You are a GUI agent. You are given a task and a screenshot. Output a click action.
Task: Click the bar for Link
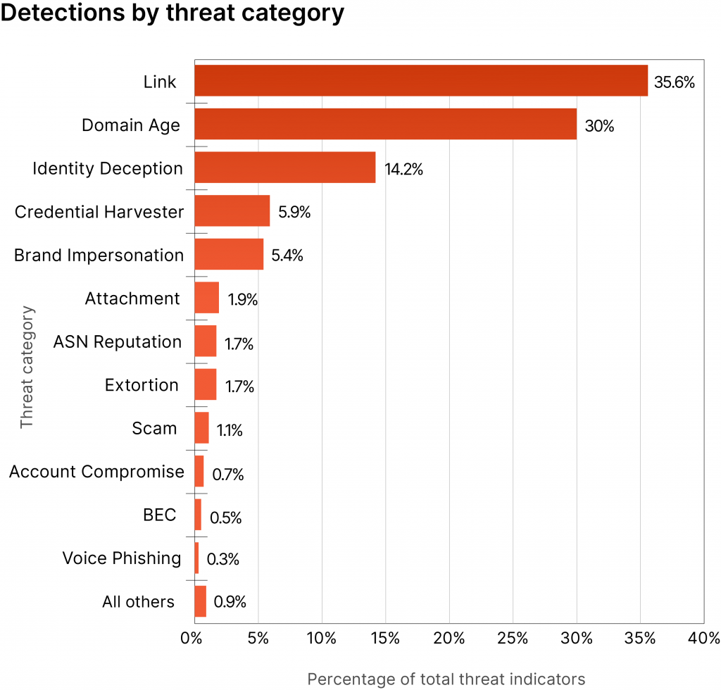coord(420,80)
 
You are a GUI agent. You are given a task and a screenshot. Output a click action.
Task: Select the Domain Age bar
coord(385,124)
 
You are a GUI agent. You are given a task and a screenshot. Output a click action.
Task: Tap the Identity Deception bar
coord(284,168)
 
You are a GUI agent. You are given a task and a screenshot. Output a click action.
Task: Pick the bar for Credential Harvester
coord(232,211)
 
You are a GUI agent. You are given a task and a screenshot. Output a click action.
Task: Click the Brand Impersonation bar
coord(229,254)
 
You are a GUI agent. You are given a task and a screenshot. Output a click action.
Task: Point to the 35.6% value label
coord(675,82)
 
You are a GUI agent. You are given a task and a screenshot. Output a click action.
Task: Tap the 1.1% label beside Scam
coord(230,430)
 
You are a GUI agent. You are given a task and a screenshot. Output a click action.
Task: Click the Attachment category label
coord(132,299)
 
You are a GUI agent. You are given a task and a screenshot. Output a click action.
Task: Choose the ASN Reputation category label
coord(118,342)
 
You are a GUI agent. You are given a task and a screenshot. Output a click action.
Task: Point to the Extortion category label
coord(142,385)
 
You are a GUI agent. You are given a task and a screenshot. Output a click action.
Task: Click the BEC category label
coord(159,515)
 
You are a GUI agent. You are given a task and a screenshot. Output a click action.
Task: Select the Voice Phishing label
coord(122,558)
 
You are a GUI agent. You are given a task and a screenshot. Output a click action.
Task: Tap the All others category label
coord(138,602)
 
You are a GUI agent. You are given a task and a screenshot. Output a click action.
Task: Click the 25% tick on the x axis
coord(513,639)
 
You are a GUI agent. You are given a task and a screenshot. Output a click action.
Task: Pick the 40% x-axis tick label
coord(704,639)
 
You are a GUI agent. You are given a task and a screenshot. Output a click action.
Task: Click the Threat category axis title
coord(27,366)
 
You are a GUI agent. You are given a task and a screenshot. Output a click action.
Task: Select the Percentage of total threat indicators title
coord(446,679)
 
